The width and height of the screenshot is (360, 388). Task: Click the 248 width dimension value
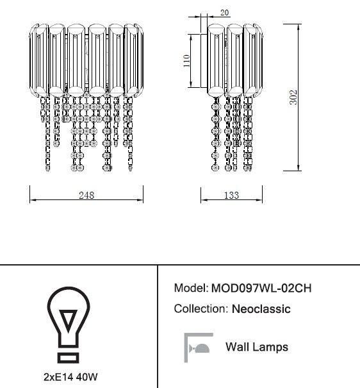click(86, 195)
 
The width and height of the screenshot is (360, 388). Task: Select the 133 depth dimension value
click(231, 195)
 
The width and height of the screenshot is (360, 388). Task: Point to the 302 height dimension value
click(293, 97)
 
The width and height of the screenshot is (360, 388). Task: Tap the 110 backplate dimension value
click(186, 61)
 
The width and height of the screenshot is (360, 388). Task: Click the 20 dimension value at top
click(224, 12)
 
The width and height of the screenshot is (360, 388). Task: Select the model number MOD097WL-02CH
click(261, 288)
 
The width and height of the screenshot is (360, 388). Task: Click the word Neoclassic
click(261, 309)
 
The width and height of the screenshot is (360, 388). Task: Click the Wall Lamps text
click(257, 347)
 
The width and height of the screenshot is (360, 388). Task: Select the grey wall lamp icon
click(199, 348)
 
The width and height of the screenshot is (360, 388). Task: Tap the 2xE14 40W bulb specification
click(70, 377)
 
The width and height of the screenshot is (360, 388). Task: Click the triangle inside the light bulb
click(69, 319)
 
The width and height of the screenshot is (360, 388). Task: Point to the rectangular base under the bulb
click(69, 358)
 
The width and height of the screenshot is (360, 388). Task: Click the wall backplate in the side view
click(204, 61)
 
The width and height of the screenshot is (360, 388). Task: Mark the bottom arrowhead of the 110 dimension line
click(191, 84)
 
